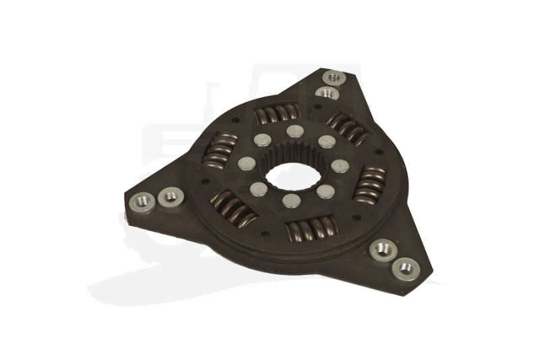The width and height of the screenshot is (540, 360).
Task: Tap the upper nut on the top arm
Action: [334, 78]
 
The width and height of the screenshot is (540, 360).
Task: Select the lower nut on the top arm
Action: [327, 93]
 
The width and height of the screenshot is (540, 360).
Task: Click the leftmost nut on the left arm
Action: [143, 201]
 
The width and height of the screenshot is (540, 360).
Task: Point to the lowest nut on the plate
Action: [405, 269]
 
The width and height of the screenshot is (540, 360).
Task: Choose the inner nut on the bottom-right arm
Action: [383, 250]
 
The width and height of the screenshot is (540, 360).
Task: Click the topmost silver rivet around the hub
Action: [294, 131]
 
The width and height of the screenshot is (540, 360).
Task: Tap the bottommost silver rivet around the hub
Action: [292, 201]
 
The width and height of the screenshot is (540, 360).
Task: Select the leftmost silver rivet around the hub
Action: [247, 163]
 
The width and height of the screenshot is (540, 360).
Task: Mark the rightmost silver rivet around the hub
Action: [340, 165]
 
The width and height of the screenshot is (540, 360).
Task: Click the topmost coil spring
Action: [276, 113]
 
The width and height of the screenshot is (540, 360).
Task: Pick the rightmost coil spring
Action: [370, 184]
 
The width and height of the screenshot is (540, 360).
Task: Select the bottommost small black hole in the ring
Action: [265, 234]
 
